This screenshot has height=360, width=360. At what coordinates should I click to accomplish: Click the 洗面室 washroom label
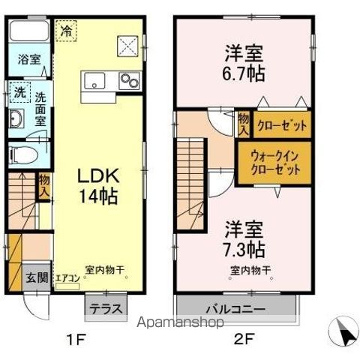point(42,107)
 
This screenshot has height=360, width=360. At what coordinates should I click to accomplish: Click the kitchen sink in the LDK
point(95,79)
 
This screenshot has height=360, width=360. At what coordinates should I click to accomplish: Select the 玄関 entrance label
point(39,277)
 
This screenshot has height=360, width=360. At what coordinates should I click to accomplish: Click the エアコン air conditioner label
point(67,278)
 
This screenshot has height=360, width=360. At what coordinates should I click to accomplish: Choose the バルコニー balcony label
point(239,308)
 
